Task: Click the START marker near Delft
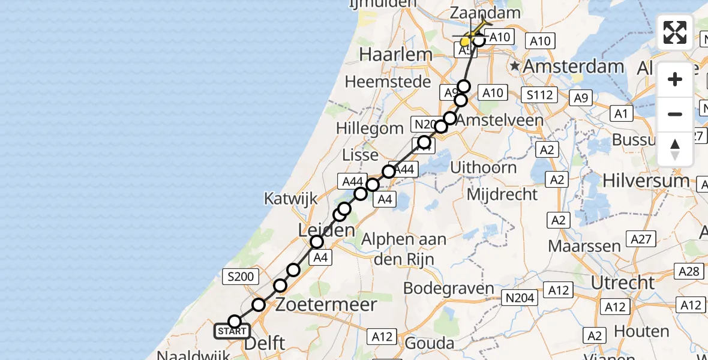(232, 331)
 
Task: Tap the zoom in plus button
(675, 79)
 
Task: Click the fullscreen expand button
(675, 32)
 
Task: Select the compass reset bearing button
(675, 149)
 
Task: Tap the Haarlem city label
(395, 55)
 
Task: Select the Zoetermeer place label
(326, 304)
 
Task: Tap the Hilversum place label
(646, 180)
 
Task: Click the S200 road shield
(241, 277)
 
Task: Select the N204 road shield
(519, 297)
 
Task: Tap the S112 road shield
(539, 94)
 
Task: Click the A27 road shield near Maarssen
(641, 239)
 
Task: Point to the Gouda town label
(429, 343)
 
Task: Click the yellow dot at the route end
(465, 42)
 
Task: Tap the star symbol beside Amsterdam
(514, 65)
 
